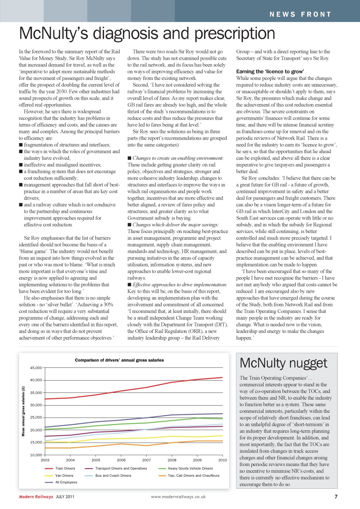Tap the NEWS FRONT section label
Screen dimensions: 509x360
pos(300,15)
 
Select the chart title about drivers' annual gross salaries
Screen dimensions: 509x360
pos(119,360)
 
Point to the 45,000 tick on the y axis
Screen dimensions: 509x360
pos(36,368)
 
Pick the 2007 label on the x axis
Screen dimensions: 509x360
pos(146,460)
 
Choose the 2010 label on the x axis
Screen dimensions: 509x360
pos(222,460)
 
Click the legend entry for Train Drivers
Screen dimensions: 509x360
pos(64,468)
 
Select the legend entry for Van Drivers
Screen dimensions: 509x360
pos(64,475)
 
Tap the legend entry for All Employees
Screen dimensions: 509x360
pos(66,482)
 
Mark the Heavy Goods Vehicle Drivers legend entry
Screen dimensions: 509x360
pos(190,468)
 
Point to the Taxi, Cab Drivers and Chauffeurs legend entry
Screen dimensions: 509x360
pos(193,475)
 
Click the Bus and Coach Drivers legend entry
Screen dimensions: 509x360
pos(113,475)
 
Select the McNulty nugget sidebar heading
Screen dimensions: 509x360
pos(283,363)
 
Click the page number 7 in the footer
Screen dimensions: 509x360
pos(336,496)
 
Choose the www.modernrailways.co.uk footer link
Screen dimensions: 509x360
pos(178,497)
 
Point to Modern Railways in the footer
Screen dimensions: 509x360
pos(36,497)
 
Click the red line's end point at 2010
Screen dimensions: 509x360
pos(222,377)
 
